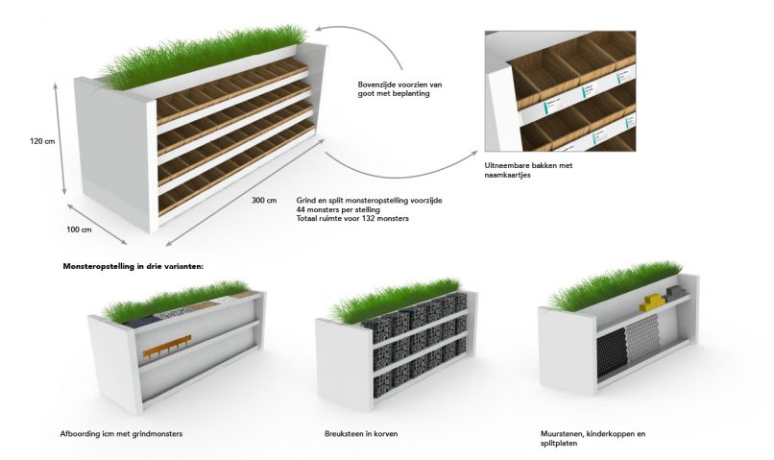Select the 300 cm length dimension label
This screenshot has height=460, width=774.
click(x=264, y=200)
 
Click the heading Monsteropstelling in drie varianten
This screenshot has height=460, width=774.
click(x=133, y=264)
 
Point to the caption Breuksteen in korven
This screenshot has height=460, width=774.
click(x=361, y=433)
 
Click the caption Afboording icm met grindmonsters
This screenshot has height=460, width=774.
click(x=121, y=433)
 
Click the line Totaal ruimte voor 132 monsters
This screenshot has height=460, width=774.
click(x=353, y=219)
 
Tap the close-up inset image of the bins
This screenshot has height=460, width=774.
click(x=560, y=91)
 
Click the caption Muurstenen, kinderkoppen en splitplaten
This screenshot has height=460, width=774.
click(x=593, y=438)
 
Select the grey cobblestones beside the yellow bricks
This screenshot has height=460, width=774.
click(x=676, y=293)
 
